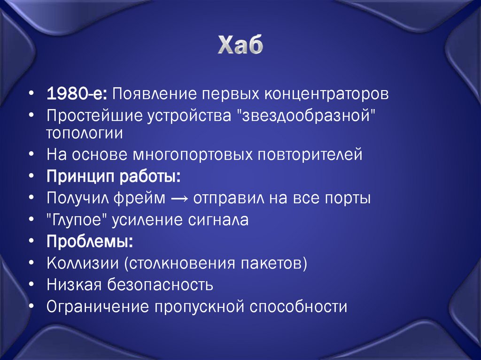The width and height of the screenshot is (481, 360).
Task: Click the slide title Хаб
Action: [240, 46]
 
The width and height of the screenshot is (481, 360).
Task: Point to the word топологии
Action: [85, 133]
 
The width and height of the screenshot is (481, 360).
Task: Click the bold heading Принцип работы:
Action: [113, 176]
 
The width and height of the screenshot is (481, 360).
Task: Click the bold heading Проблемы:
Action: [89, 242]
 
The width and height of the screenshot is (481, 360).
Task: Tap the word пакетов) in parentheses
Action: [277, 263]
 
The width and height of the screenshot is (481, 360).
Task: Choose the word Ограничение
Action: [96, 307]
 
